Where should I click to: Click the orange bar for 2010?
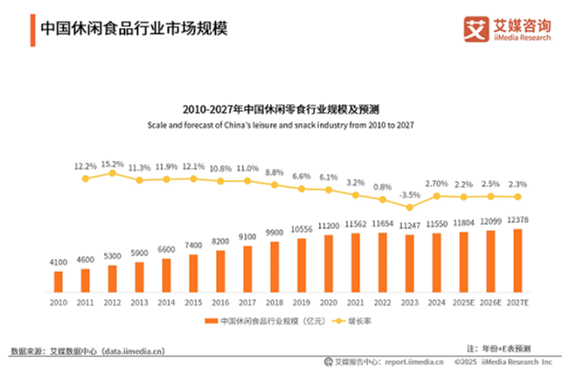click(59, 282)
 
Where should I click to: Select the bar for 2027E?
click(518, 261)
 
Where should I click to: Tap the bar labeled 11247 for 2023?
click(409, 264)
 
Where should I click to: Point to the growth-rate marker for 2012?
click(112, 173)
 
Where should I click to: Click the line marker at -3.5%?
click(409, 207)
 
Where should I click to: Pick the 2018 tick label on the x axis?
click(274, 302)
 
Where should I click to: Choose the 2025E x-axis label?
click(463, 302)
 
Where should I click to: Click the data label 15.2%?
click(112, 163)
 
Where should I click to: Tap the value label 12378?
click(518, 222)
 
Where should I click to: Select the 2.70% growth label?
click(436, 185)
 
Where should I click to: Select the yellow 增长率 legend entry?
click(352, 321)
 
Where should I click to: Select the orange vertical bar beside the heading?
click(33, 30)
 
